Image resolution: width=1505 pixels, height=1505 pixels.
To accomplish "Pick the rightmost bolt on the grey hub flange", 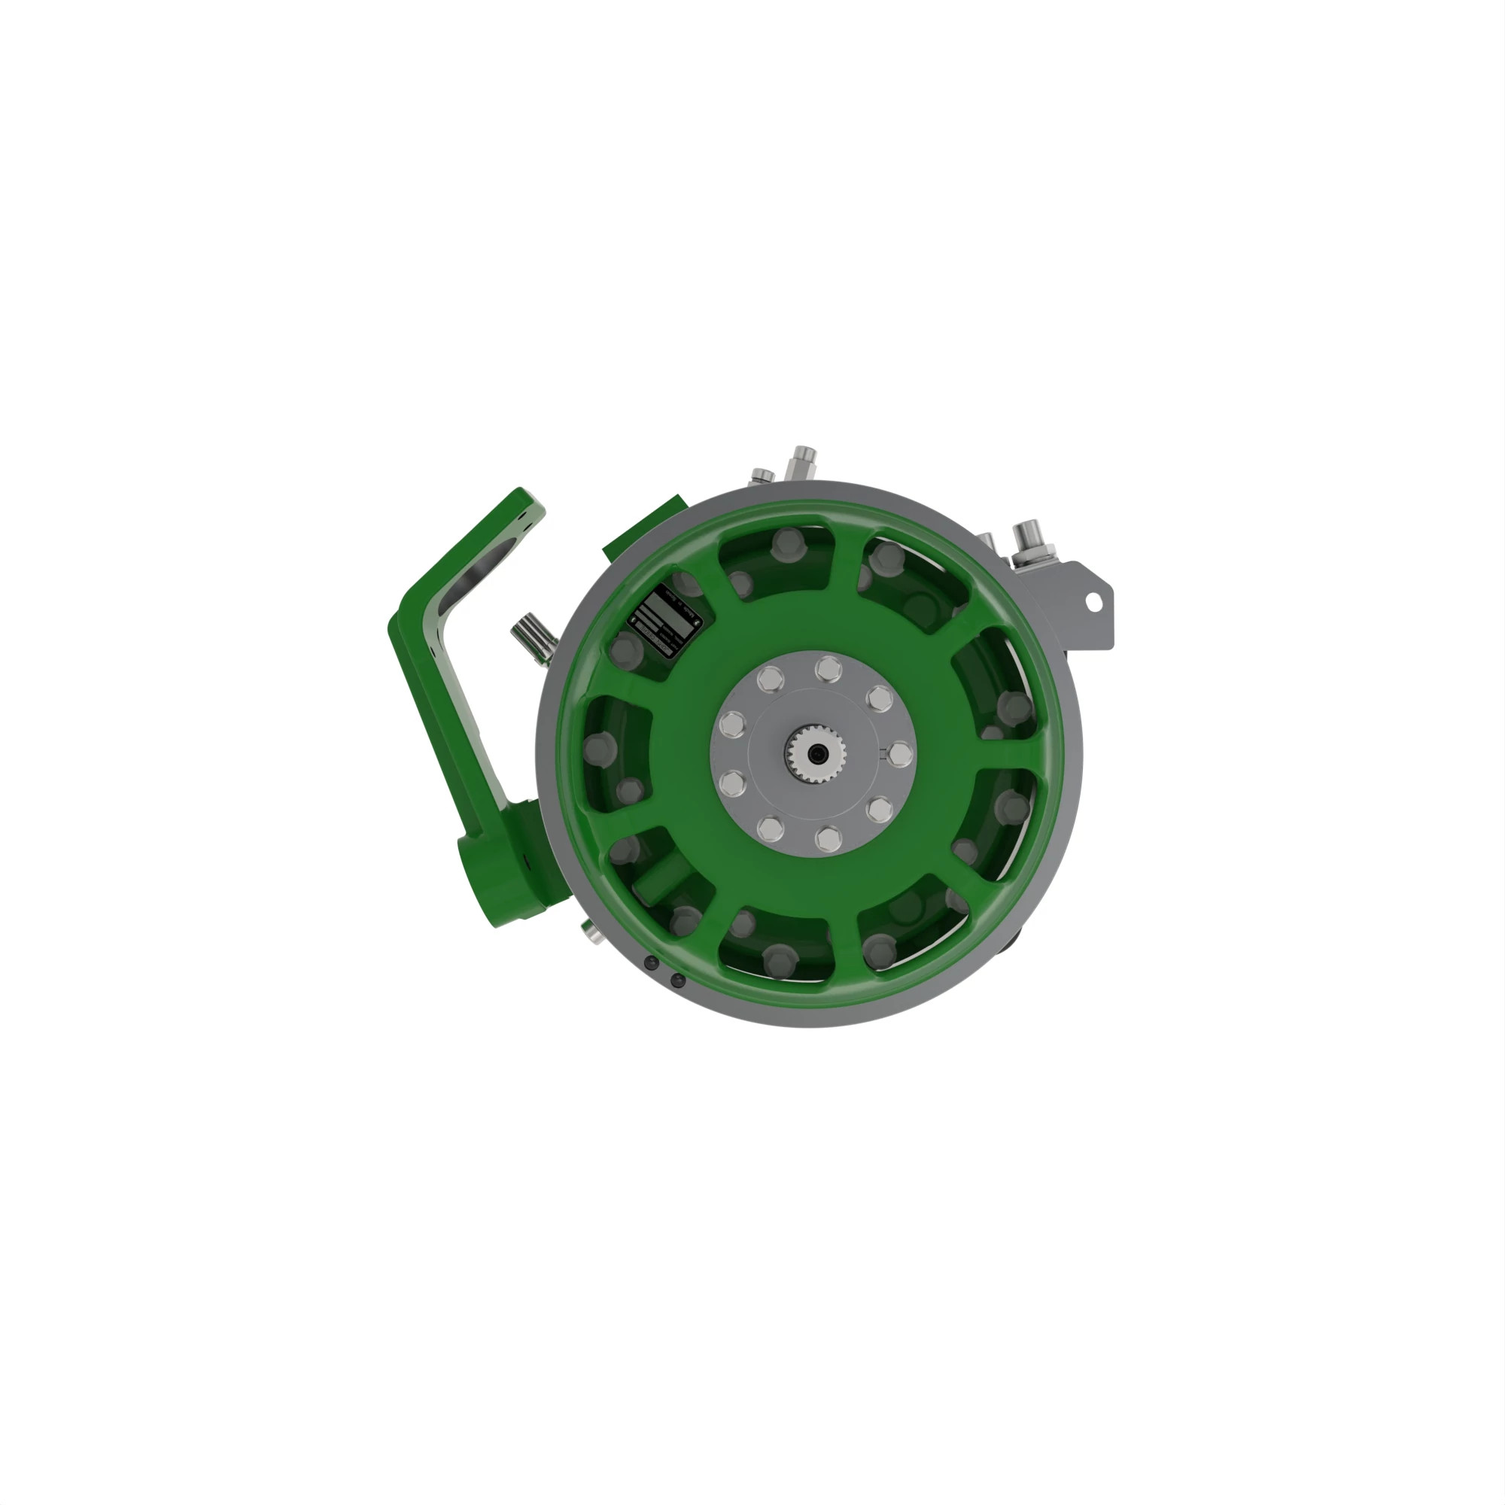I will click(900, 753).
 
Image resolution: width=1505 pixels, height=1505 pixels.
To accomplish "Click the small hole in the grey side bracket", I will click(1093, 601).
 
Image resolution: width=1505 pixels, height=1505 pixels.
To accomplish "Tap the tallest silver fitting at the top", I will click(801, 463).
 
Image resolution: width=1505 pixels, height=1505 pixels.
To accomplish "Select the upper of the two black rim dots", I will click(652, 964).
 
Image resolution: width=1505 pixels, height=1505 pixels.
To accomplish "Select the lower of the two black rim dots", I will click(678, 980).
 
